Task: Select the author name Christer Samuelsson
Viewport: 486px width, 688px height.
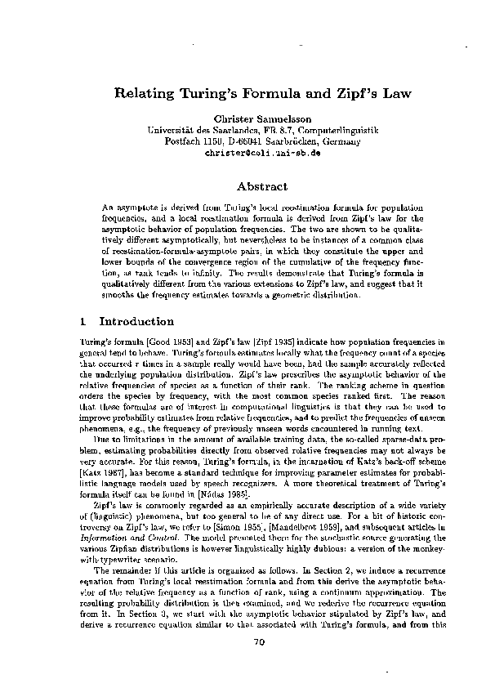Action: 243,119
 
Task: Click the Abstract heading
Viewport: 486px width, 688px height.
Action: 243,186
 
